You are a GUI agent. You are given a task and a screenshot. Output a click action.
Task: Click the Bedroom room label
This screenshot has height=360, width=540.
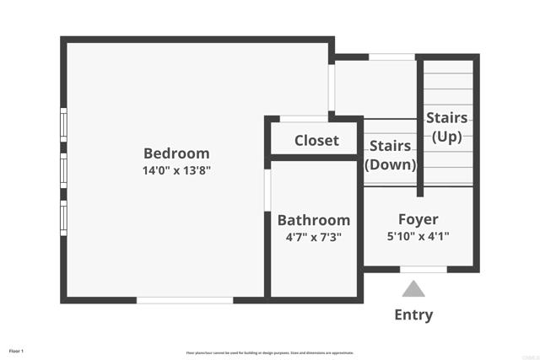point(176,153)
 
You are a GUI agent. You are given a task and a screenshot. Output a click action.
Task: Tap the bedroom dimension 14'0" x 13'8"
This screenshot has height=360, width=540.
point(176,170)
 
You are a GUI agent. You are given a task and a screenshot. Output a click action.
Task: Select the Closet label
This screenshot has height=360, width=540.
point(316,141)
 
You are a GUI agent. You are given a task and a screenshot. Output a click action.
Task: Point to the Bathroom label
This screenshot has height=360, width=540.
point(314,220)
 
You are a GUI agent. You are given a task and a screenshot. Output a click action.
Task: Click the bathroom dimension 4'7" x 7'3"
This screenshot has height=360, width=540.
point(314,238)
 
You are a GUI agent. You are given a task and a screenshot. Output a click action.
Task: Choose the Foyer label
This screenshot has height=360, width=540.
point(418,220)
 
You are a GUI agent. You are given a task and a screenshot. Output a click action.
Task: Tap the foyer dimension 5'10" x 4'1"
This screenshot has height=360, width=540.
point(418,237)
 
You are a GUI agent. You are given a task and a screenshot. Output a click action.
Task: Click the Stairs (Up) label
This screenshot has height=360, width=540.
point(447,126)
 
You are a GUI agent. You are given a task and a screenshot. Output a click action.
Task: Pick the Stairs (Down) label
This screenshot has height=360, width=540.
point(391,155)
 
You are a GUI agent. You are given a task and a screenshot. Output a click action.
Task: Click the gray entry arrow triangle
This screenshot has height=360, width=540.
point(413,289)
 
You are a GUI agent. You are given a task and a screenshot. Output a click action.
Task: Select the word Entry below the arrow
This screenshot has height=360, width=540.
point(413,315)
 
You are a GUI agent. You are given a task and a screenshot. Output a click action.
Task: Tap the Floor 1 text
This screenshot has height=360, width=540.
point(17,350)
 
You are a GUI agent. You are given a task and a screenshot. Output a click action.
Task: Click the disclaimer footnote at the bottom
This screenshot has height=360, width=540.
point(270,352)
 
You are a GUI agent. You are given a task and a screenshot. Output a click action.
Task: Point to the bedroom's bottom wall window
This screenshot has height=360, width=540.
point(185,299)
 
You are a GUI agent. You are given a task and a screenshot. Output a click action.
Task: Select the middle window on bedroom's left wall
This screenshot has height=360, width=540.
point(62,169)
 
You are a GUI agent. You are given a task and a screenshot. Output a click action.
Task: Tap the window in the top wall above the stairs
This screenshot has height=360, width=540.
point(391,57)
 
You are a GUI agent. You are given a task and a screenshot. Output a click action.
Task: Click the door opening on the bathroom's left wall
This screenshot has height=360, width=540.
point(267,191)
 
